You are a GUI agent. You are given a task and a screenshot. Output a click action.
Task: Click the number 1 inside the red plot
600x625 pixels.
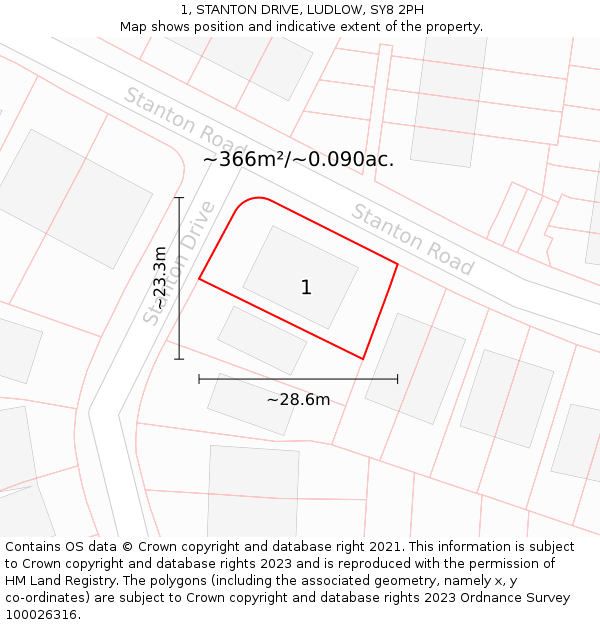point(306,288)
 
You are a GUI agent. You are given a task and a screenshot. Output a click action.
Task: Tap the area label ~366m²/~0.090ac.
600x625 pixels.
point(298,159)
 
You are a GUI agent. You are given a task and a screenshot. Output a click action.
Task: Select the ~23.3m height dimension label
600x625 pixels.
point(160,278)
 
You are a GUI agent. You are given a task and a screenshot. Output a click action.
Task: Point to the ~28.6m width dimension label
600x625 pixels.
point(298,400)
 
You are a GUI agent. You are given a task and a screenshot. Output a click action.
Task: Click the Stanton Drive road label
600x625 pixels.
point(180,262)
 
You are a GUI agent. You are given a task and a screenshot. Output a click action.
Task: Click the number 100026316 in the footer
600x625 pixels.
point(42,615)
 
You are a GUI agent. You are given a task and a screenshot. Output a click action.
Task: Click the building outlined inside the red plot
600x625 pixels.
point(300,276)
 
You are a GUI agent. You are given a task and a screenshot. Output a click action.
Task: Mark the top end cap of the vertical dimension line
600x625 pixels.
point(179,198)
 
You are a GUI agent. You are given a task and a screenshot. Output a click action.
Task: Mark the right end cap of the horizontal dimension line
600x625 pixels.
point(397,379)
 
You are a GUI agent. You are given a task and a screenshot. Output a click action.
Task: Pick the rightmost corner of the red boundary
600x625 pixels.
point(397,264)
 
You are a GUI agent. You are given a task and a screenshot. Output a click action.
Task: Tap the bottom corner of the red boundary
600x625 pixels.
point(362,358)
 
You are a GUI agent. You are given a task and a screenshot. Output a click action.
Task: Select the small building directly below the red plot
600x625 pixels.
point(262,340)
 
